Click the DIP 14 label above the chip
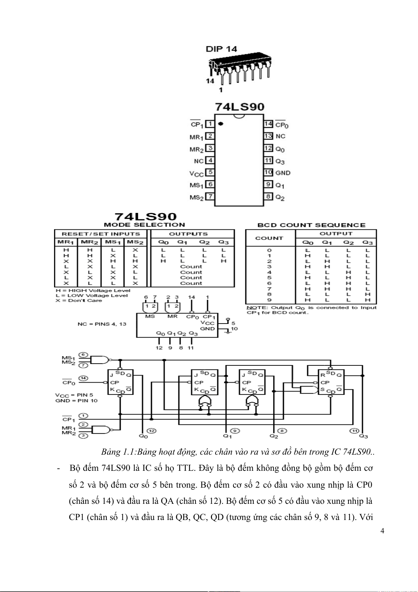point(221,49)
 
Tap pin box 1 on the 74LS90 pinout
point(210,124)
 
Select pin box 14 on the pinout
point(268,124)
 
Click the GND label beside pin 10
point(283,173)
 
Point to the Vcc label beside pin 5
point(197,174)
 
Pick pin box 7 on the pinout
point(210,196)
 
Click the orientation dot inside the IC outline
point(221,124)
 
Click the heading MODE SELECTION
point(144,225)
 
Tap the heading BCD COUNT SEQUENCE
point(311,225)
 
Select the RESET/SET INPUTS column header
point(101,234)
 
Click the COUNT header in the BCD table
point(269,238)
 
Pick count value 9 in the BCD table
point(269,300)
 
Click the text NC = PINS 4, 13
point(102,324)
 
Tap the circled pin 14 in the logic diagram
point(83,378)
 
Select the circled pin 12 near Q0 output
point(151,431)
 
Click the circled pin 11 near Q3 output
point(354,431)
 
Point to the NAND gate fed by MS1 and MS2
point(100,360)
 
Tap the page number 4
point(382,531)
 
